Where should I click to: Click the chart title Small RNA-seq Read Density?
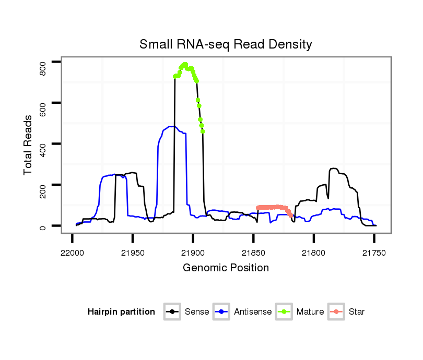coord(226,44)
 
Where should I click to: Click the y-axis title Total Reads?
coord(28,145)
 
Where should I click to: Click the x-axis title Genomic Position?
coord(226,268)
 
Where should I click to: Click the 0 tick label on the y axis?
coord(43,226)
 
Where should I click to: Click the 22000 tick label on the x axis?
coord(72,253)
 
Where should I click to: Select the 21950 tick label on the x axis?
coord(133,253)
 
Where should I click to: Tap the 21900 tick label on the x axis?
coord(193,253)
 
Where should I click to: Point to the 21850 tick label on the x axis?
coord(253,253)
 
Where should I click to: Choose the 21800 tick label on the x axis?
coord(313,253)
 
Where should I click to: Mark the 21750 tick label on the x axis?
coord(374,253)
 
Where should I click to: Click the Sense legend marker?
coord(172,312)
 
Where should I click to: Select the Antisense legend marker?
coord(221,312)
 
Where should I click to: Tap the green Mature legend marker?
coord(284,312)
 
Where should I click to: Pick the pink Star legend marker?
coord(336,312)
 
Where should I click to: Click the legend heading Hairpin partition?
coord(121,312)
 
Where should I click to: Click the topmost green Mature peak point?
coord(185,64)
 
